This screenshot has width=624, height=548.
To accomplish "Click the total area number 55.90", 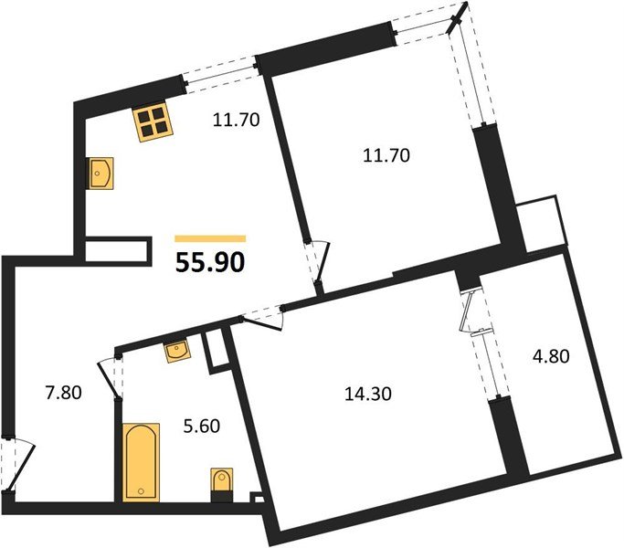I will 209,263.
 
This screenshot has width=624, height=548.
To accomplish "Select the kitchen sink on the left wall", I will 100,173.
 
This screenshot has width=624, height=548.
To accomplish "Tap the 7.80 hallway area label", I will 63,394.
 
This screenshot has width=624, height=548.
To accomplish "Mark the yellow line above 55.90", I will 209,238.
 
